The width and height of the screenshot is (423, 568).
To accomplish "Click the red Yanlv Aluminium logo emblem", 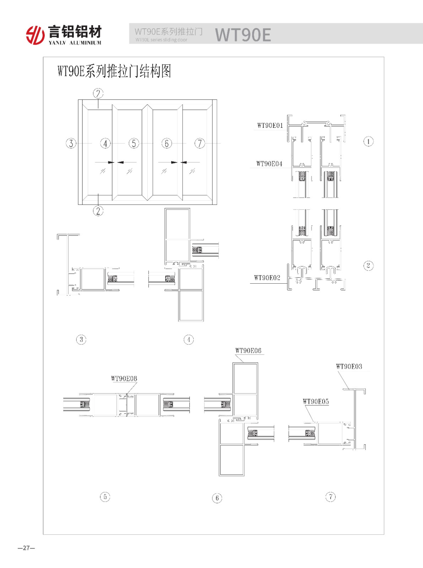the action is [x=35, y=35].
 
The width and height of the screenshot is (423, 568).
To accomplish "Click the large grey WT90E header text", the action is [x=243, y=34].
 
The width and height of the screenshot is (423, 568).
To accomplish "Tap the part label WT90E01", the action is [x=270, y=125].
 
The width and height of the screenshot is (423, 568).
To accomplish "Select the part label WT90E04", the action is [x=269, y=164].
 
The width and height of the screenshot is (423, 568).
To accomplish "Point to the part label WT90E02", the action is [x=267, y=278].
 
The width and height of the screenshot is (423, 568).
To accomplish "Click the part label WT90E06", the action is [x=248, y=351].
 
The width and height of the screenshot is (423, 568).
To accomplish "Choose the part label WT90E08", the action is [x=124, y=378].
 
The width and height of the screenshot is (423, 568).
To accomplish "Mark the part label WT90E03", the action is [x=349, y=366].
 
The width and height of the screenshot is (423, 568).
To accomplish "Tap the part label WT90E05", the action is [x=316, y=401].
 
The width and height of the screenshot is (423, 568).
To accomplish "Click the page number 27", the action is [x=26, y=548].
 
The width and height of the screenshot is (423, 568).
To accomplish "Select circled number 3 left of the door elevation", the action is [x=71, y=143].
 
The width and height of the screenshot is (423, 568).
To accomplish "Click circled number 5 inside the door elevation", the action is [x=134, y=143].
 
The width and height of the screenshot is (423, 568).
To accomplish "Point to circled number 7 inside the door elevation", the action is [x=200, y=143].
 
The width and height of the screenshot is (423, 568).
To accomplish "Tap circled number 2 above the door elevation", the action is [x=98, y=93].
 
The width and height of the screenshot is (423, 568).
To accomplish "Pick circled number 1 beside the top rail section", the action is [x=368, y=141].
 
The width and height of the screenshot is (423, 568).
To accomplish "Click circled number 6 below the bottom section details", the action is [x=217, y=498].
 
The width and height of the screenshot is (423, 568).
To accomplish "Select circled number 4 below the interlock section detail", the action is [x=189, y=340].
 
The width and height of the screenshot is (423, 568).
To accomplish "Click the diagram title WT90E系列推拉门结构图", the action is [x=114, y=71].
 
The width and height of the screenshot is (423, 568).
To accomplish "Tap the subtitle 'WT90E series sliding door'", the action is [x=161, y=40].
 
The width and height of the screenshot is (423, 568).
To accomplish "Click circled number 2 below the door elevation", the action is [x=98, y=211].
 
